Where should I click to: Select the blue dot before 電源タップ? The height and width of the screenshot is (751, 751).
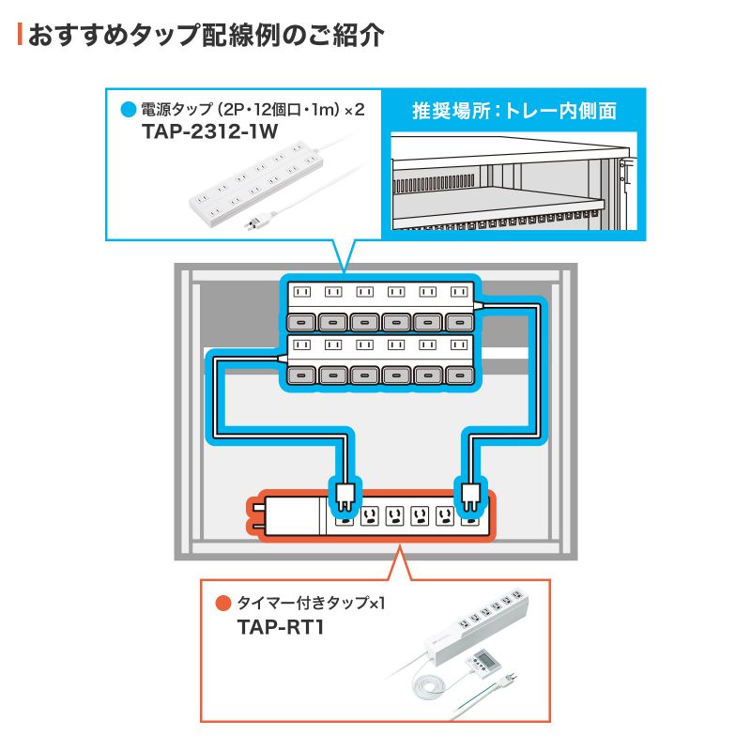(129, 110)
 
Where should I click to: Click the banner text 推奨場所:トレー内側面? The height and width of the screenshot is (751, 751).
(514, 111)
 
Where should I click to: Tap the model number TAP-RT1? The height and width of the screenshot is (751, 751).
(281, 626)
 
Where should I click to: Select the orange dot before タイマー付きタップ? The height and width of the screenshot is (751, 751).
(222, 603)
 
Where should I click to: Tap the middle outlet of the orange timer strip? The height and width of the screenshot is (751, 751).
(395, 516)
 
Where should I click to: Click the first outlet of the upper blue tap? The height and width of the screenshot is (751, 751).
(302, 292)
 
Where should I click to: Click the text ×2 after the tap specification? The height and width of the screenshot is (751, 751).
(353, 110)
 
